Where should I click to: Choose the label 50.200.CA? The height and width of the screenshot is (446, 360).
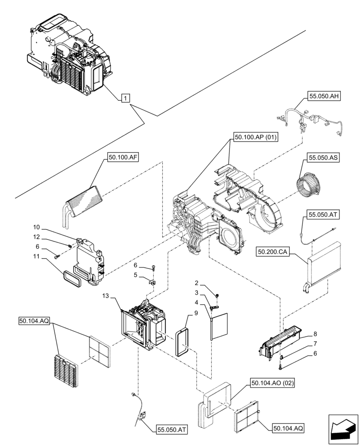[273, 252]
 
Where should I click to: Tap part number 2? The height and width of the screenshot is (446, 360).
[196, 283]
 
